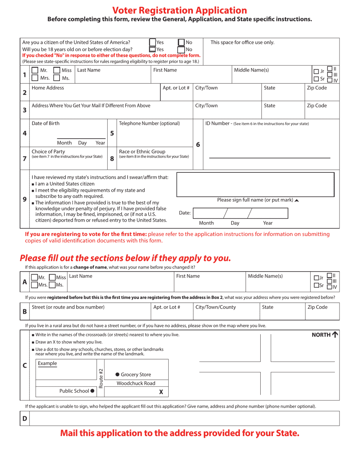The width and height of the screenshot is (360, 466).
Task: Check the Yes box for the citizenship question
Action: [x=152, y=42]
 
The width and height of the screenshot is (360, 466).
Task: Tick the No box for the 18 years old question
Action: [x=181, y=49]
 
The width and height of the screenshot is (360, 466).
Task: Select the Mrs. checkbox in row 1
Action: [x=34, y=78]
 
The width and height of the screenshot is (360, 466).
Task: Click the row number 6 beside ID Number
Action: [x=198, y=144]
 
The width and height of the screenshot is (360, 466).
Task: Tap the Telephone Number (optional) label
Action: [x=149, y=124]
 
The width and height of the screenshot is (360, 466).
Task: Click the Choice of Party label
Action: [x=48, y=152]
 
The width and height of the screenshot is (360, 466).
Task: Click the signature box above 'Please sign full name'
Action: [x=255, y=185]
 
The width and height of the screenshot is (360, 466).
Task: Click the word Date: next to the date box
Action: [x=185, y=213]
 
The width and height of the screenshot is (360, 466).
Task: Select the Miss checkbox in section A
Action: [x=52, y=278]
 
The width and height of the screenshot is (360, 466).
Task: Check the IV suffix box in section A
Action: [x=330, y=287]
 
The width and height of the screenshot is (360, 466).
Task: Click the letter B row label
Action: [x=25, y=311]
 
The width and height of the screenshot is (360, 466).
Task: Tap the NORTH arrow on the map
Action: [x=335, y=335]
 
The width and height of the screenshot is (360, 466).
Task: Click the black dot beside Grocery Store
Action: [x=117, y=375]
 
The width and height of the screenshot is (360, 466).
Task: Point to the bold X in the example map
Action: [x=161, y=392]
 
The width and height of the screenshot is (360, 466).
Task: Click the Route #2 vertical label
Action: [x=101, y=378]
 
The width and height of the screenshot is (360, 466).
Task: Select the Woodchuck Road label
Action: [x=136, y=383]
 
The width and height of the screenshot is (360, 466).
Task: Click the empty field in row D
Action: [x=184, y=419]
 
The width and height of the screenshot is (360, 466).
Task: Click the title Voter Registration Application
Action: [x=180, y=10]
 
